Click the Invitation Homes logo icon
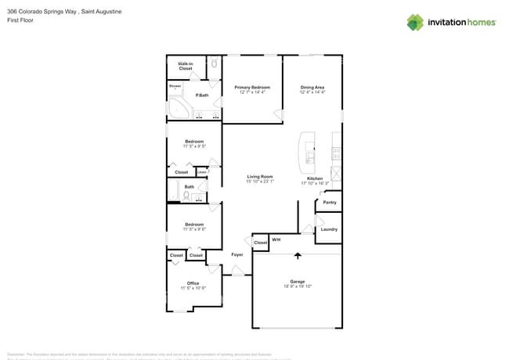pyautogui.click(x=414, y=22)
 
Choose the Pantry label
pyautogui.click(x=330, y=203)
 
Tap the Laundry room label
pyautogui.click(x=329, y=229)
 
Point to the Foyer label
pyautogui.click(x=236, y=255)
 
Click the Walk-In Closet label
pyautogui.click(x=186, y=67)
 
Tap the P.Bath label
pyautogui.click(x=202, y=95)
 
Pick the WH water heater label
pyautogui.click(x=276, y=239)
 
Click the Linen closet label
pyautogui.click(x=201, y=172)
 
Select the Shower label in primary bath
pyautogui.click(x=175, y=86)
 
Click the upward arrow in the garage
pyautogui.click(x=298, y=255)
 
